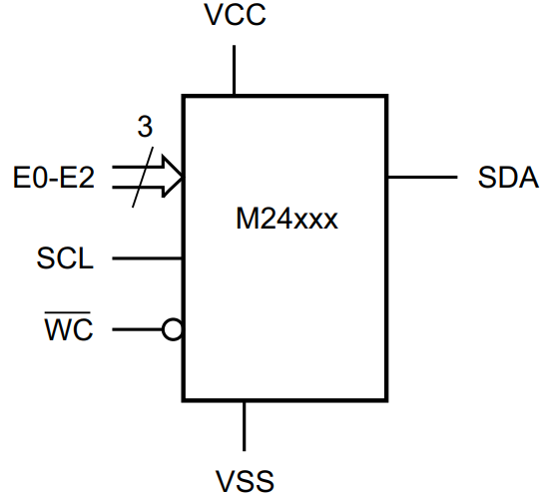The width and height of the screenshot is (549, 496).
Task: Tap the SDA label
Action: [509, 179]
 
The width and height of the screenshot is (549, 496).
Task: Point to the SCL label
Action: [66, 260]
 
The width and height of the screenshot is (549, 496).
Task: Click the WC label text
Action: [69, 329]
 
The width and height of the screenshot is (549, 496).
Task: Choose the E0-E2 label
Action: [54, 179]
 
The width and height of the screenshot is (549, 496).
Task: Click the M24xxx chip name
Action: [280, 219]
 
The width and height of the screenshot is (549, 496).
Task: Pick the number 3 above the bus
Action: [145, 128]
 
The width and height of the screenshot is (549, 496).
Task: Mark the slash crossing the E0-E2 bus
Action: [146, 178]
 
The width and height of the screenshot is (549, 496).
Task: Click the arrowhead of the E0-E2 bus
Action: [173, 178]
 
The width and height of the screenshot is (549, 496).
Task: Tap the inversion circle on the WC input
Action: [173, 328]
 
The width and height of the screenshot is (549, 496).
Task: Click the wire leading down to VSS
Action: [245, 424]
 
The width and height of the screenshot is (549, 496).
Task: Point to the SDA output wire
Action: [420, 178]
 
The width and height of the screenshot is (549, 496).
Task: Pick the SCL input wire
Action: [147, 259]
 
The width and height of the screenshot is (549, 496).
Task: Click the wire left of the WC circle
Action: [138, 328]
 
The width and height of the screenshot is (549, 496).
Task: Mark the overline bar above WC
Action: [69, 312]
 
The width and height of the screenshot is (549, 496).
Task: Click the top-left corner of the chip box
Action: [183, 97]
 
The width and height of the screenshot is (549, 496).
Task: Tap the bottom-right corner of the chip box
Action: [386, 399]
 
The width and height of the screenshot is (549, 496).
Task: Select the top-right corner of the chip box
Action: [386, 97]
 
